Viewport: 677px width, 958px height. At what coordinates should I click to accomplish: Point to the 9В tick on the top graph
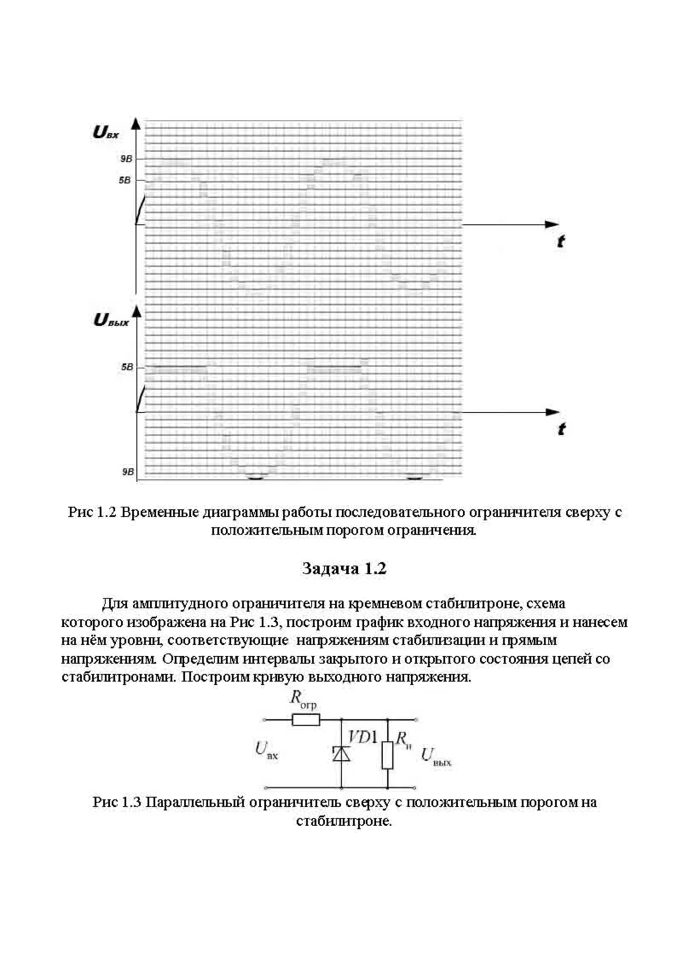(126, 160)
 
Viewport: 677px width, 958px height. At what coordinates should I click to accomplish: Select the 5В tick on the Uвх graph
(126, 181)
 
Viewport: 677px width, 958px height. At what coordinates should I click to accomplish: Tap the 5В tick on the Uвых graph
(127, 368)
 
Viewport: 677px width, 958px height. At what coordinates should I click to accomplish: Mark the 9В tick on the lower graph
(127, 472)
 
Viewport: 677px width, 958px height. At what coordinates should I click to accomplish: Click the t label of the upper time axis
(560, 242)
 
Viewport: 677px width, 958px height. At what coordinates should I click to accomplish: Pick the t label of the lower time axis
(560, 429)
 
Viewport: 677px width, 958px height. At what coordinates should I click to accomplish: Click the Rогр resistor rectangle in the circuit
(305, 720)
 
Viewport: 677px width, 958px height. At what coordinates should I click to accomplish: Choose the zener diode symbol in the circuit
(341, 753)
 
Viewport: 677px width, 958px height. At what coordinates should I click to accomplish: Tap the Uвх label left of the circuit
(267, 750)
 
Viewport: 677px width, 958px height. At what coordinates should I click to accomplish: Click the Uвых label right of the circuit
(436, 756)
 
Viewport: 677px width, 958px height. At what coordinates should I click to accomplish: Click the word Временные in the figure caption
(165, 513)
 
